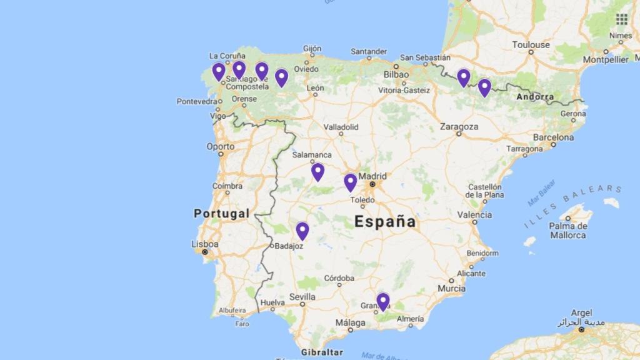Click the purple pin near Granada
coord(382,301)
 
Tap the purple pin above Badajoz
coord(302,231)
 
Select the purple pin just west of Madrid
coord(351,182)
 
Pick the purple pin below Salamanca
coord(317,171)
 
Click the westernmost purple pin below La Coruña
coord(219,71)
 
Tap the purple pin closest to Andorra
coord(484,87)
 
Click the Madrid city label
coord(372,176)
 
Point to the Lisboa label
coord(206,244)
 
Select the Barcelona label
coord(553,137)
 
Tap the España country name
coord(384,221)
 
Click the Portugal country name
coord(221,214)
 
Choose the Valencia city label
coord(474,214)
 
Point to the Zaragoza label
coord(459,126)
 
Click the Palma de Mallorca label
coord(567,230)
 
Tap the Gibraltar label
coord(322,352)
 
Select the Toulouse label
coord(531,44)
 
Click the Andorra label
coord(535,97)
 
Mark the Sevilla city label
coord(302,297)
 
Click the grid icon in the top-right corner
coord(621,19)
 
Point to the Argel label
coord(581,312)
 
